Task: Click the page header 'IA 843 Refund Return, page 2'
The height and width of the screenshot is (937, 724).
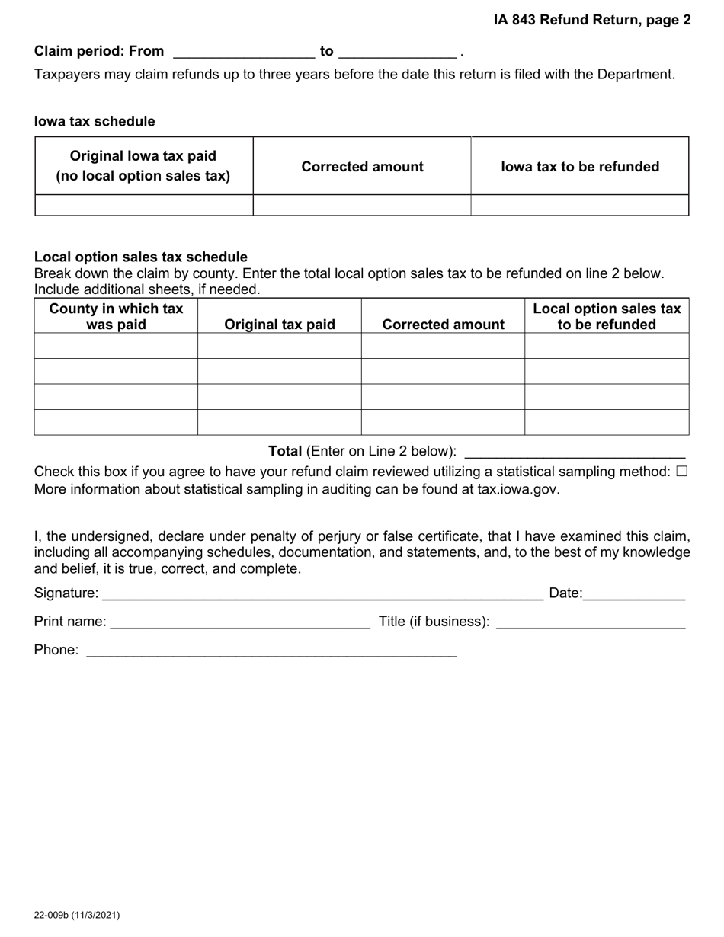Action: [591, 21]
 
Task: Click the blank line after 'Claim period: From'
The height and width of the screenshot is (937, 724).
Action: [244, 52]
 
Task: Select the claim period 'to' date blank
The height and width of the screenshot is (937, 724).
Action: [397, 52]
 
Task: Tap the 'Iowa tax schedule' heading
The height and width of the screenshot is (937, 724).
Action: [95, 121]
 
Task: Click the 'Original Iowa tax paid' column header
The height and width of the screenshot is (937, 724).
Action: [143, 166]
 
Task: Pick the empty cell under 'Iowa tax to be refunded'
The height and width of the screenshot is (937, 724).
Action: [579, 205]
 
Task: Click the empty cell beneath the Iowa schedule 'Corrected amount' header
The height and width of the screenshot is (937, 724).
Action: [362, 205]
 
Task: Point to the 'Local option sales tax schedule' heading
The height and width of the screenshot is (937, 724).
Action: [141, 257]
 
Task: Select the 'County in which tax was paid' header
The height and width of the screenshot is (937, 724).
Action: [116, 316]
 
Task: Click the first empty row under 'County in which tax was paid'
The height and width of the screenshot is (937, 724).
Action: [116, 346]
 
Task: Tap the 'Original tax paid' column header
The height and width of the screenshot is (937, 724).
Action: [280, 325]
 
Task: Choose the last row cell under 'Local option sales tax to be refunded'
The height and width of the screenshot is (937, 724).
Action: [607, 422]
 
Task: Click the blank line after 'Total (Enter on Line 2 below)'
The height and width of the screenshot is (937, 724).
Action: [575, 451]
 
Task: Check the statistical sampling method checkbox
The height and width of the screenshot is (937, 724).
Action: [681, 472]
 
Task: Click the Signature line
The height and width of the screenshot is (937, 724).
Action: [322, 593]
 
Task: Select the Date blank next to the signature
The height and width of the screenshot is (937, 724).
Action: [634, 593]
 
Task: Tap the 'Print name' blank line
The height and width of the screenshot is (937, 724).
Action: [240, 622]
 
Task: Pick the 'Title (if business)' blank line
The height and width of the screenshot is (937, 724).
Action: [591, 622]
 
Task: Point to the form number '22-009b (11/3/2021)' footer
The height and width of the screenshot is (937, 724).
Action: [76, 915]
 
